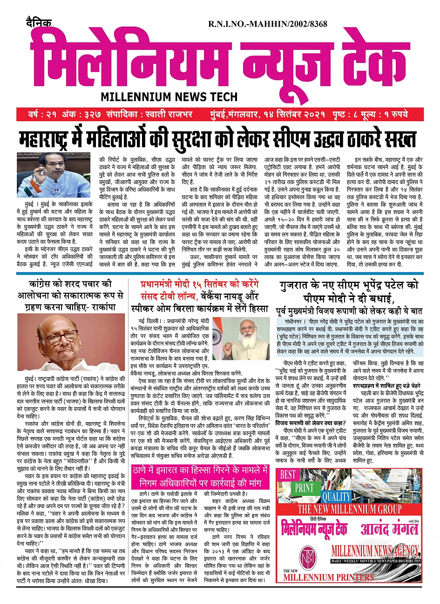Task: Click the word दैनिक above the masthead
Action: pyautogui.click(x=39, y=22)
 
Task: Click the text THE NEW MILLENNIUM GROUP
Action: pyautogui.click(x=349, y=509)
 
